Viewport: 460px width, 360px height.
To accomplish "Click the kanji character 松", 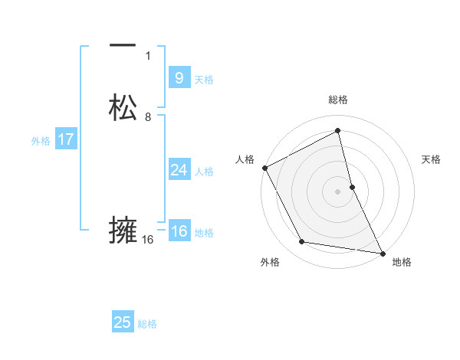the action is [123, 108].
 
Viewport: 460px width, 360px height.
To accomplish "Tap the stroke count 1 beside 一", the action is [148, 55].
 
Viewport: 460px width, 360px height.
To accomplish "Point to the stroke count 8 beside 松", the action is [148, 116].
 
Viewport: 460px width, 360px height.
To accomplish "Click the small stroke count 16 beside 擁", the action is [148, 239].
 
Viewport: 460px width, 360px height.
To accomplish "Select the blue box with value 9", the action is [179, 77].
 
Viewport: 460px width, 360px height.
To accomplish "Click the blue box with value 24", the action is [179, 170].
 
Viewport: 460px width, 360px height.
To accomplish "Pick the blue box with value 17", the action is [66, 139].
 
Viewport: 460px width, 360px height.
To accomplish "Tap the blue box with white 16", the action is [179, 231].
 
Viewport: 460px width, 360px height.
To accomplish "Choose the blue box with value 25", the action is [123, 322].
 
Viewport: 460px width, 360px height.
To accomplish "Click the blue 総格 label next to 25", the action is [147, 324].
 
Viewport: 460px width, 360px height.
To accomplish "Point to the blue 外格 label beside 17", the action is [41, 141].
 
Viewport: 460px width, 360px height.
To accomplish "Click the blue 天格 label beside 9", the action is [204, 80].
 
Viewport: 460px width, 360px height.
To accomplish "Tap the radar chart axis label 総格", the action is [337, 100].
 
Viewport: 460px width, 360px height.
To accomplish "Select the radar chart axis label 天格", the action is [432, 159].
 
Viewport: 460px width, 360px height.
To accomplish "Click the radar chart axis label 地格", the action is [402, 262].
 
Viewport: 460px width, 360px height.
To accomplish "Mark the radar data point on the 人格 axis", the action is [264, 168].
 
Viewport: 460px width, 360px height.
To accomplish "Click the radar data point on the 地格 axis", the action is [382, 252].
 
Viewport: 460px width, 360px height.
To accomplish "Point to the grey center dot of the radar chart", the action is [337, 191].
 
